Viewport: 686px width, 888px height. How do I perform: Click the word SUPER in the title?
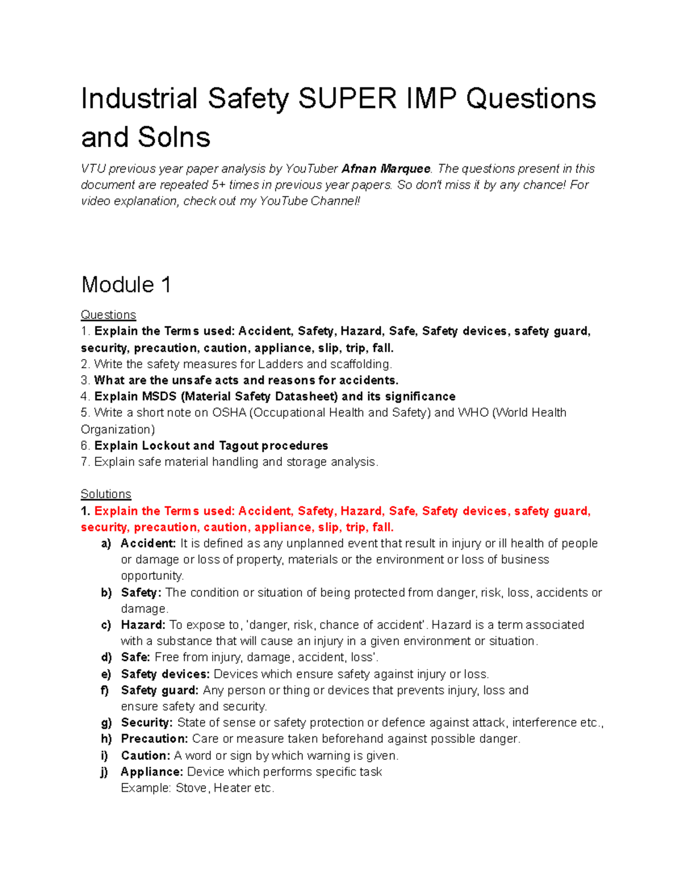tap(347, 98)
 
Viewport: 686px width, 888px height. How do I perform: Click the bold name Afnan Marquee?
tap(385, 169)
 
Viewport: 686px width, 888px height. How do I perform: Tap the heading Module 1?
tap(126, 285)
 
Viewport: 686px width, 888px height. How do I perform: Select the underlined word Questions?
tap(108, 315)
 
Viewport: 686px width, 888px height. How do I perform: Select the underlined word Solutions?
tap(106, 494)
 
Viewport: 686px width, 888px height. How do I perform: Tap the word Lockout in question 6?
tap(166, 446)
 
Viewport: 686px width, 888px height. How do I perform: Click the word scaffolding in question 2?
tap(359, 364)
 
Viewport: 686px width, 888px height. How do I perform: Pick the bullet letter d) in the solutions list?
tap(106, 658)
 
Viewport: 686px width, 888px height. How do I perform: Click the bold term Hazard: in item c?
tap(143, 625)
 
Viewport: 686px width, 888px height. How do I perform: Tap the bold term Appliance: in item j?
tap(151, 772)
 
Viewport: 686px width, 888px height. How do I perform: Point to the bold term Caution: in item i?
tap(145, 756)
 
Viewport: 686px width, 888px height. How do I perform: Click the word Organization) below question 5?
tap(118, 429)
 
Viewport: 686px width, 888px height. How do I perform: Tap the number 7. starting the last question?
tap(85, 462)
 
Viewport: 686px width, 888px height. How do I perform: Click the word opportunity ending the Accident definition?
tap(151, 576)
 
